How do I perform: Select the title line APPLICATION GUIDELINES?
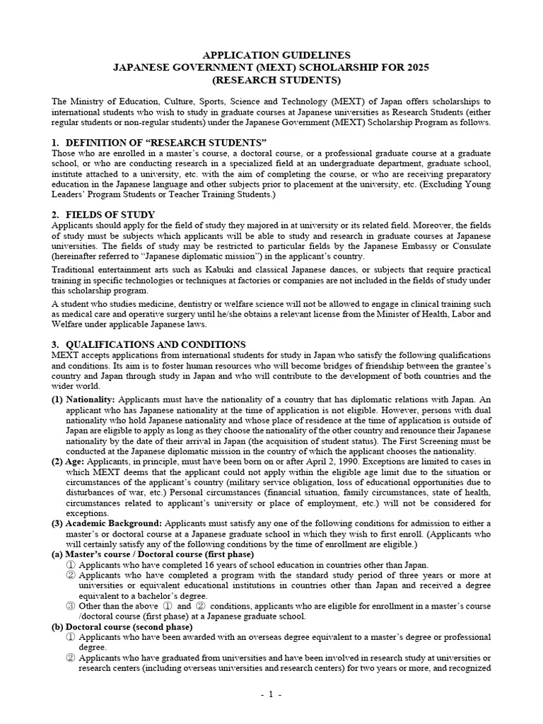tap(271, 54)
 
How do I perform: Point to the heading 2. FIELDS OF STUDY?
tap(103, 214)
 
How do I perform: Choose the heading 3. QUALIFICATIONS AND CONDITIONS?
tap(148, 344)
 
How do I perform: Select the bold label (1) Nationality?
tap(83, 399)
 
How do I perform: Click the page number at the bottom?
tap(271, 695)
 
